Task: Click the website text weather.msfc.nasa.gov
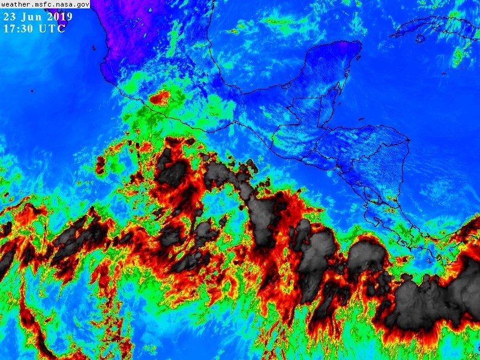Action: point(45,4)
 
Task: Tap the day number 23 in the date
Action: point(10,17)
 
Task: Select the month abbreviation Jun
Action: point(30,17)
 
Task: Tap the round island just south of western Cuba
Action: point(420,38)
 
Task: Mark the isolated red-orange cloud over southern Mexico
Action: point(160,98)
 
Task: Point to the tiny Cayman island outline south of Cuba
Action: point(443,74)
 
